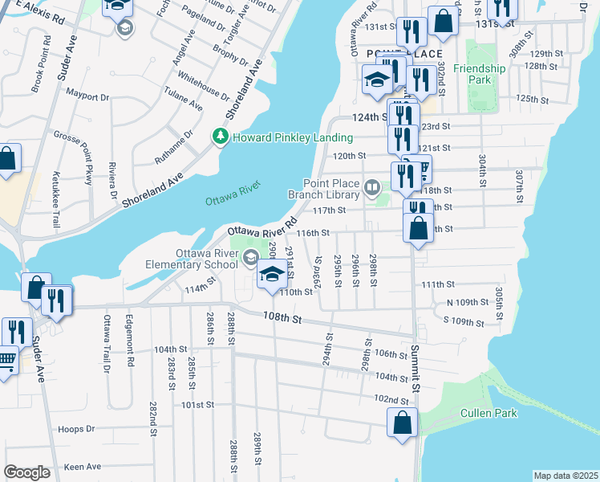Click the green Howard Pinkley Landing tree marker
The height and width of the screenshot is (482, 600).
221,137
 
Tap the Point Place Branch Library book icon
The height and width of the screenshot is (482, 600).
372,188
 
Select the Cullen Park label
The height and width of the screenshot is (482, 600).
489,413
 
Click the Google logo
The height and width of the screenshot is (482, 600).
26,472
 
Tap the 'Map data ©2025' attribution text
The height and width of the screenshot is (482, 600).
566,476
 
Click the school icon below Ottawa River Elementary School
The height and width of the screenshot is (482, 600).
272,275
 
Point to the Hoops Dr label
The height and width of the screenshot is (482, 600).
79,429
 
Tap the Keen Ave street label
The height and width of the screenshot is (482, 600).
83,466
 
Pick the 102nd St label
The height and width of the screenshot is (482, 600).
391,399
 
